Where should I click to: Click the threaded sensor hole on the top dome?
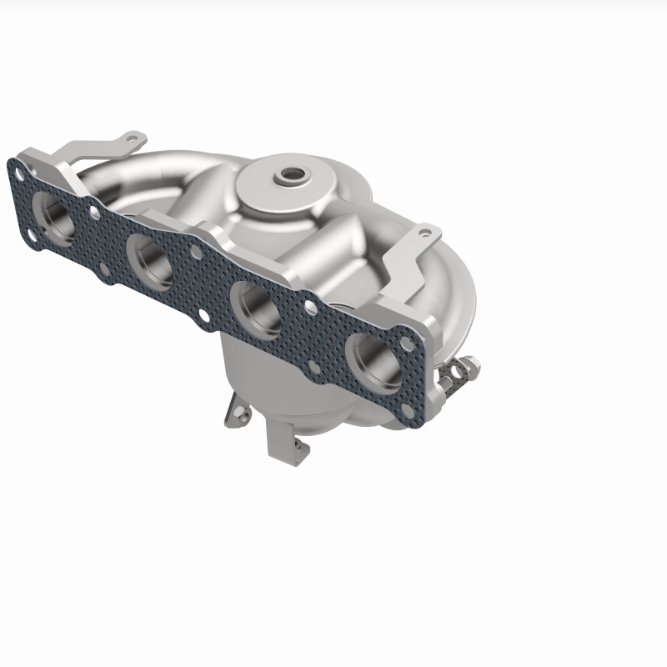point(293,176)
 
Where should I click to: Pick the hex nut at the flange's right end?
point(469,364)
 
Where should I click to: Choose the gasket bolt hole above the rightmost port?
point(406,343)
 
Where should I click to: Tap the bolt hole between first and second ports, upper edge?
point(94,213)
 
